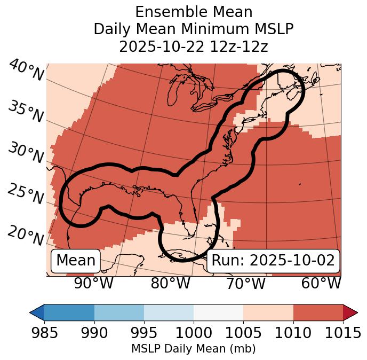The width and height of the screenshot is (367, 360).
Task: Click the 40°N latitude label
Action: (x=26, y=71)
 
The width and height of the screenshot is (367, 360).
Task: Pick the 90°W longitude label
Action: (x=94, y=284)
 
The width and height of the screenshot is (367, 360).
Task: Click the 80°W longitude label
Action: (x=171, y=284)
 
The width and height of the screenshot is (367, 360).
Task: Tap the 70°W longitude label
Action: (x=245, y=284)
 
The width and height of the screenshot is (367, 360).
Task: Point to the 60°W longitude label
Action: (x=321, y=284)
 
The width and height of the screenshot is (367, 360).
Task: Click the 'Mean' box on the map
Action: (x=76, y=261)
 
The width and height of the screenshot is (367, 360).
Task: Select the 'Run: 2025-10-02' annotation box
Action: (x=273, y=261)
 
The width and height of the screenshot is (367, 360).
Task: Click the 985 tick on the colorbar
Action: (x=44, y=333)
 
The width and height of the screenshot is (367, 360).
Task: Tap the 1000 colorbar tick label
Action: (x=194, y=333)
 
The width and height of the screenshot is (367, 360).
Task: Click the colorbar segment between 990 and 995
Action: (x=119, y=312)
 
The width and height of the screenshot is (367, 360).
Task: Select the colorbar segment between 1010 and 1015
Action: (x=318, y=312)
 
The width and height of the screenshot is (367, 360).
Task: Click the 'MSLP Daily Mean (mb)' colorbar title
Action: (x=194, y=349)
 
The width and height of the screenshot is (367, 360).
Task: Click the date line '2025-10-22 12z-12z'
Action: (x=194, y=46)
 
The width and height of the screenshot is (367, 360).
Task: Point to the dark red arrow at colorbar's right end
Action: (x=350, y=312)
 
